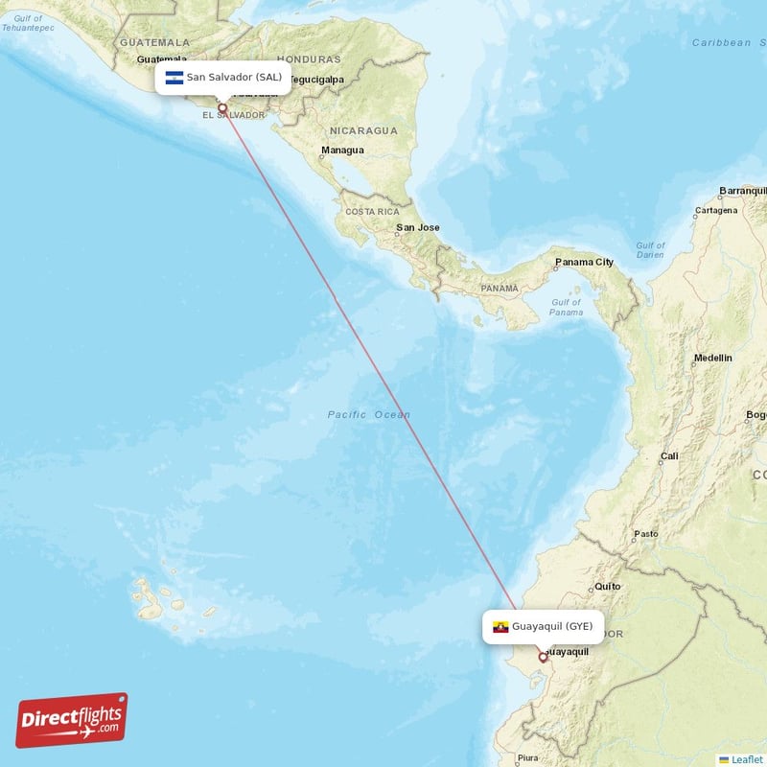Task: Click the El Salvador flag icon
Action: pos(174,78)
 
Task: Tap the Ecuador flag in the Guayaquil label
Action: pos(500,627)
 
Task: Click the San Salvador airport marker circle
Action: pos(222,107)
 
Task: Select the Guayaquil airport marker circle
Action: pos(543,657)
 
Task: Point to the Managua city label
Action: pos(342,151)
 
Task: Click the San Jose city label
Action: pos(418,227)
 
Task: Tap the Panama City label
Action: pos(584,262)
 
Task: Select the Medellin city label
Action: pos(712,358)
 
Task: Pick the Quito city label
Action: pos(608,586)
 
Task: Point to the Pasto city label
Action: pos(646,533)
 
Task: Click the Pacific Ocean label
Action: pos(368,414)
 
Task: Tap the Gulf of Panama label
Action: pos(567,307)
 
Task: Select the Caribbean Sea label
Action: pos(723,42)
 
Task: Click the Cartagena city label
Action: pos(716,210)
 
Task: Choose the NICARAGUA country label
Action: pos(363,129)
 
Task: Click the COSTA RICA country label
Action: pos(372,211)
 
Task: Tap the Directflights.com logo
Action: pos(72,720)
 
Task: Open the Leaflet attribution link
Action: pos(747,759)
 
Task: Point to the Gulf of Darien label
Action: pos(650,250)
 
